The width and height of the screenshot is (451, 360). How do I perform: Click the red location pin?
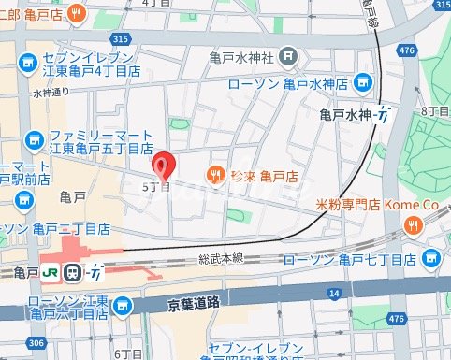click(x=164, y=166)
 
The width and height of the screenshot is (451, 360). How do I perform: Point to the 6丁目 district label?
click(x=124, y=353)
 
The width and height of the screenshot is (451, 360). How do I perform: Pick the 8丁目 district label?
click(x=436, y=111)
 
